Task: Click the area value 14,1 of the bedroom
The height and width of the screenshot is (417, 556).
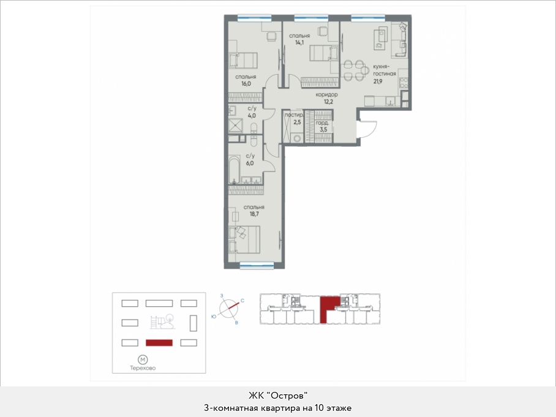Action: pos(299,42)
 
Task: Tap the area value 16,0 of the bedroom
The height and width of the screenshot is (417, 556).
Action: pos(246,84)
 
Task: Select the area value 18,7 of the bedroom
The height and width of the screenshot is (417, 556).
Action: pos(254,214)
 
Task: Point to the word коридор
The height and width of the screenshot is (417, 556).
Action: pos(326,95)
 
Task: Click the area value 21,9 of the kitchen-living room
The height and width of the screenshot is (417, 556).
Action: pos(378,81)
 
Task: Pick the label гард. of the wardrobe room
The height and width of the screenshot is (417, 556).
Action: pos(322,123)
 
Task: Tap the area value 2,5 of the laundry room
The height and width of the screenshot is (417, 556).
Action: pos(297,122)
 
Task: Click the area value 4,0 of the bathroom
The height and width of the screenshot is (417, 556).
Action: pos(252,116)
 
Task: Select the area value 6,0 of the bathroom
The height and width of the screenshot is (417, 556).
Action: pos(250,163)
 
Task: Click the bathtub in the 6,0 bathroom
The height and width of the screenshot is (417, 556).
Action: pos(234,170)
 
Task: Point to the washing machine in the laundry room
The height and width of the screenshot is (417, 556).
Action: pos(297,138)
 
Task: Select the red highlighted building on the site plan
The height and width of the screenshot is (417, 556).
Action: pos(159,343)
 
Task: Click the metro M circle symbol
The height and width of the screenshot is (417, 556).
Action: pos(143,360)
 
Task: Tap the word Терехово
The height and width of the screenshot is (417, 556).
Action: pos(143,368)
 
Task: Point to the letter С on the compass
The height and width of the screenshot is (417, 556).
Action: pos(242,301)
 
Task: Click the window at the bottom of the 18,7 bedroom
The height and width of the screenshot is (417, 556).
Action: pos(257,264)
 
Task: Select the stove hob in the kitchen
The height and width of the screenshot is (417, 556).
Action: pos(404,83)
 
